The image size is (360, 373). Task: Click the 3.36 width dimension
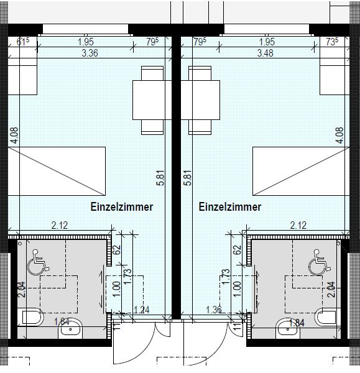90,53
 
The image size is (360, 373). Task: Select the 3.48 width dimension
265,53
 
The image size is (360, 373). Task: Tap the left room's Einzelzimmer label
122,207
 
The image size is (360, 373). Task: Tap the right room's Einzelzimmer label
230,207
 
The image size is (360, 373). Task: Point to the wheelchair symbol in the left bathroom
38,262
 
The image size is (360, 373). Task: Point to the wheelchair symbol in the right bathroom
320,262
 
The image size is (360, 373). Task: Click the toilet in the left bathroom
32,317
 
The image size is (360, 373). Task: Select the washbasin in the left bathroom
70,328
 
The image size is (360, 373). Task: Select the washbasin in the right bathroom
288,328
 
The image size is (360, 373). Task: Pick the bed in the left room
57,172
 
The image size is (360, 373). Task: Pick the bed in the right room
301,172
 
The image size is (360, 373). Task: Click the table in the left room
152,100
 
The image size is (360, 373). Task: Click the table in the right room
200,100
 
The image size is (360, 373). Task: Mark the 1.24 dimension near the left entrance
141,310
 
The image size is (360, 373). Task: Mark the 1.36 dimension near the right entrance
214,310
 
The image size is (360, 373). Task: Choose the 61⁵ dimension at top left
23,42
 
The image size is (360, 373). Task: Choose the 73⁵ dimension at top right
332,42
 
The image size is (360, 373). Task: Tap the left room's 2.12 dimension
60,225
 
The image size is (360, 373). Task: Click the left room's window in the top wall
85,29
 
